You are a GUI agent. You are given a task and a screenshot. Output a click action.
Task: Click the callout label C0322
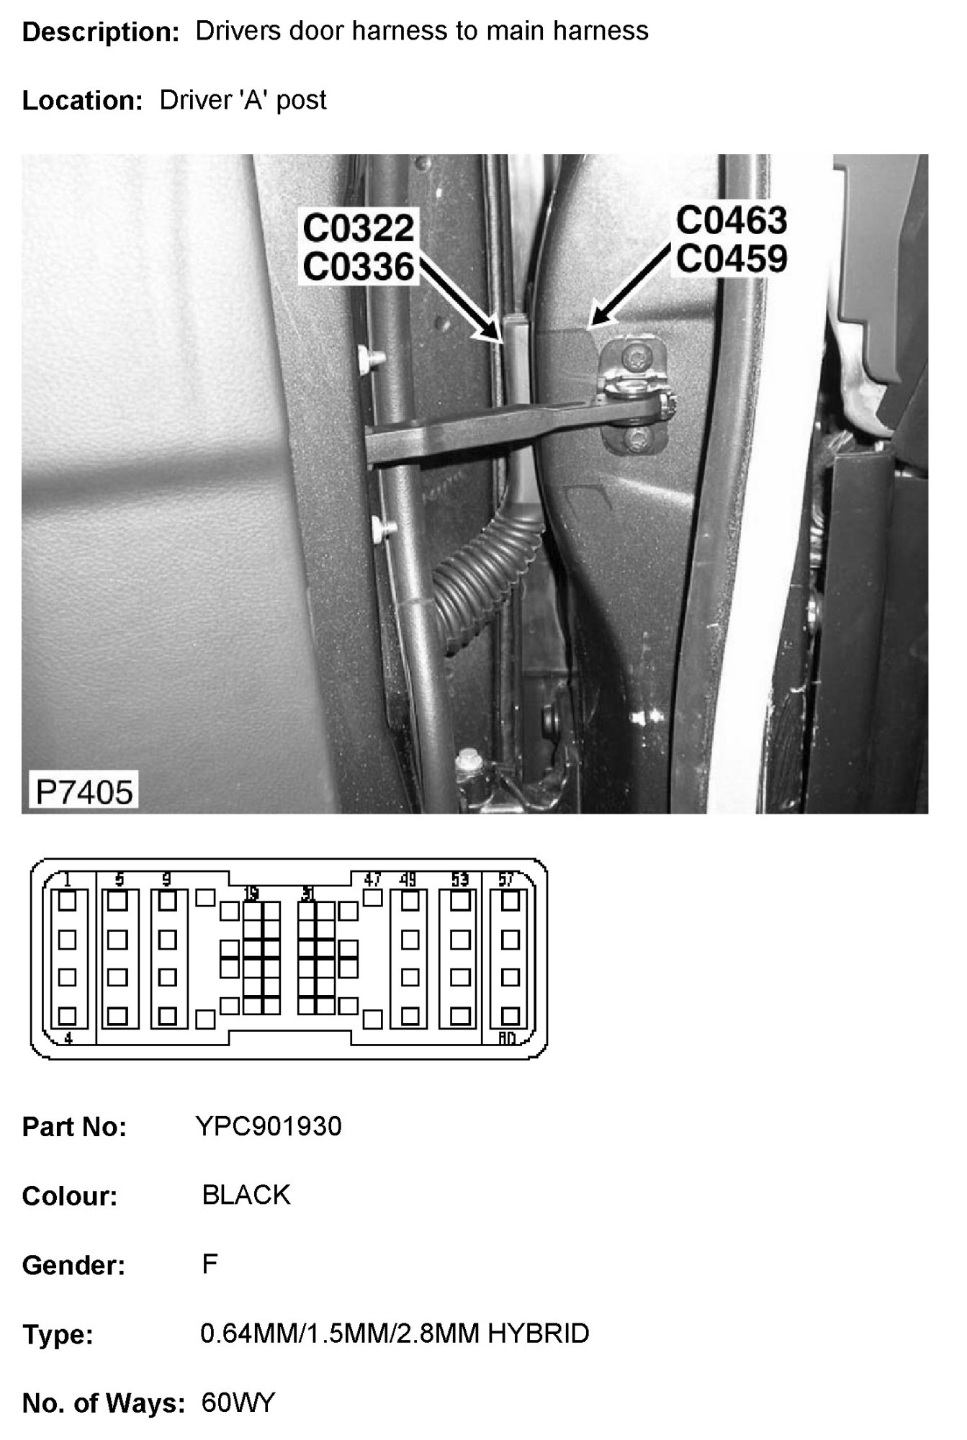point(358,229)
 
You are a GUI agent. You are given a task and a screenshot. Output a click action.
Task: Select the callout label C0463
point(731,220)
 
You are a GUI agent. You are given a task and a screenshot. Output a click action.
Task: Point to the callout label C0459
point(731,259)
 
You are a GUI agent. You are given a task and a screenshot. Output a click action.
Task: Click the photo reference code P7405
point(84,793)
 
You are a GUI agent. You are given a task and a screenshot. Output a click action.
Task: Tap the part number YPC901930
point(268,1126)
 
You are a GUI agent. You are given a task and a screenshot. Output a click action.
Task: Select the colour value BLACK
point(246,1195)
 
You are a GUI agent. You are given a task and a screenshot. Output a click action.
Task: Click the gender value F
point(210,1264)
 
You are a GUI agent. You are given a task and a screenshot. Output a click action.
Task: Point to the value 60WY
point(238,1403)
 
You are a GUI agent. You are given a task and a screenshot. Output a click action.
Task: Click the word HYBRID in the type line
point(539,1334)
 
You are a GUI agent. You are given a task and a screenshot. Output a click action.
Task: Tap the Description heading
point(100,32)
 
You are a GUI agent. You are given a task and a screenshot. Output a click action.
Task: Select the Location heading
point(82,101)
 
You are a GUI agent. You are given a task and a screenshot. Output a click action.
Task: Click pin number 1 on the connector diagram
point(67,879)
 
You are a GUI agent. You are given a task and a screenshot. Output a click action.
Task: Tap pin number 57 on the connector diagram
point(506,879)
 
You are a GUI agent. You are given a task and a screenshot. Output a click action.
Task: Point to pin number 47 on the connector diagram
point(372,879)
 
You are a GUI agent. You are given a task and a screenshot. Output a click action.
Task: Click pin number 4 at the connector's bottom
point(68,1038)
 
